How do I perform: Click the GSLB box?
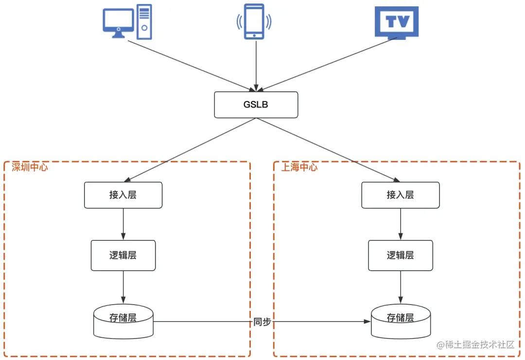[x=256, y=104]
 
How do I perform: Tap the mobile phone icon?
[x=254, y=21]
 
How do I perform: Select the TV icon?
[x=396, y=22]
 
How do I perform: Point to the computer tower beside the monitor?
[x=144, y=21]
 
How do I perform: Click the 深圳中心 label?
[x=29, y=167]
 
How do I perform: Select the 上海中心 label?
[x=299, y=167]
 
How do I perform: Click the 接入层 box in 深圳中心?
[x=123, y=195]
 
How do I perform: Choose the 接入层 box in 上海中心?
[x=400, y=195]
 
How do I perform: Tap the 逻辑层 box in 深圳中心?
[x=123, y=255]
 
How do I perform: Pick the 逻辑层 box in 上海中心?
[x=400, y=255]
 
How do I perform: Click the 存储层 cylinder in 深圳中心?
[x=123, y=321]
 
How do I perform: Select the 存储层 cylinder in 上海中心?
[x=400, y=321]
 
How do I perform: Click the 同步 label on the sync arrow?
[x=262, y=322]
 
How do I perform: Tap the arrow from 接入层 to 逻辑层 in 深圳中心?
[x=123, y=224]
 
